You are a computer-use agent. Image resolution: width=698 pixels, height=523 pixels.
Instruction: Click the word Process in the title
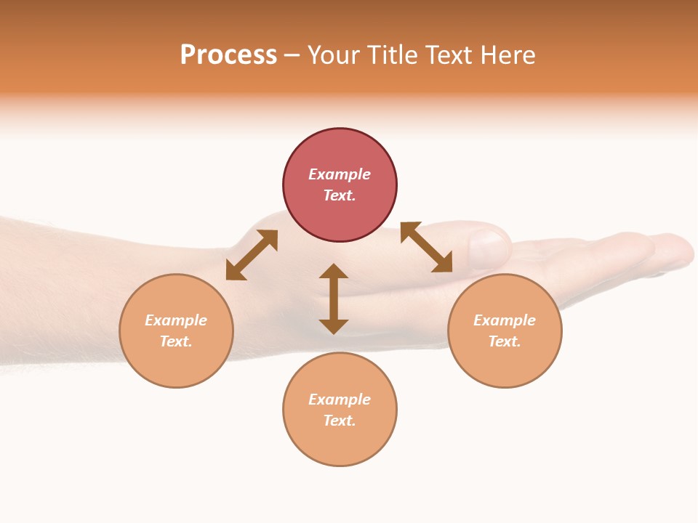(228, 55)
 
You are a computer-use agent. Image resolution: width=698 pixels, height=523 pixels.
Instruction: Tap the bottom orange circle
(340, 443)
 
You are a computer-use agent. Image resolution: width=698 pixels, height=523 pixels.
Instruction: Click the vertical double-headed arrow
(334, 299)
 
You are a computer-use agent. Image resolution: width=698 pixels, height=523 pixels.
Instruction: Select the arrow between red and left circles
(252, 255)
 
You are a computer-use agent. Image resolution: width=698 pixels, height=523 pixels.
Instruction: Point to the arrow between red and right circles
(426, 248)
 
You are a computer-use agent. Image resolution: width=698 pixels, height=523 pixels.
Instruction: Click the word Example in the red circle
(340, 174)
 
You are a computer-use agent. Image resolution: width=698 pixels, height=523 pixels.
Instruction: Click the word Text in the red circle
(340, 195)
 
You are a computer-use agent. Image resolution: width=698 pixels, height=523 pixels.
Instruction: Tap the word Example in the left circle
(176, 320)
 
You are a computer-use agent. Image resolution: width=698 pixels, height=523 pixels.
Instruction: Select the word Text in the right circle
(505, 341)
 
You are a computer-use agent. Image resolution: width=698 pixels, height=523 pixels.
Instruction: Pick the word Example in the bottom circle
(340, 400)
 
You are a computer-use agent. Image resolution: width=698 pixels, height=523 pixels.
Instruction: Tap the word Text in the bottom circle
(340, 421)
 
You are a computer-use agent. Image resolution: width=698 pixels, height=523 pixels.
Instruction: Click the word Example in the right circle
(505, 320)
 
